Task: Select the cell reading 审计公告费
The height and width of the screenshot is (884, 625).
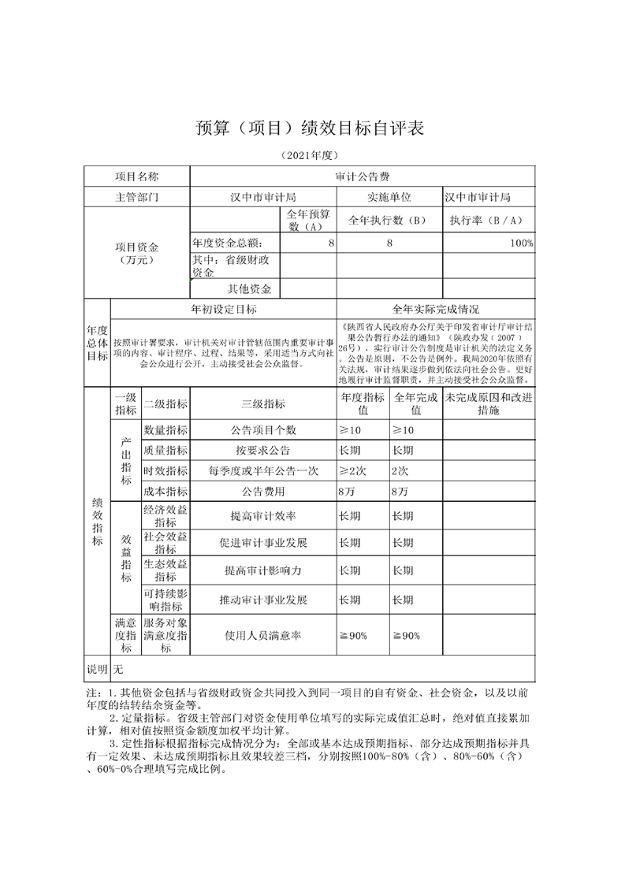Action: coord(362,176)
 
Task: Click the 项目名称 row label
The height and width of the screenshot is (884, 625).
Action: coord(137,176)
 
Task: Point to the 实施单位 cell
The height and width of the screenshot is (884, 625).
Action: coord(389,197)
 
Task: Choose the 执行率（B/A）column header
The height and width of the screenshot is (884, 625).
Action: coord(488,220)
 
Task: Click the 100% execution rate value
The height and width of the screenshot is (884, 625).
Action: coord(521,243)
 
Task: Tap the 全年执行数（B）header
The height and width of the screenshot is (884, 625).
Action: coord(389,220)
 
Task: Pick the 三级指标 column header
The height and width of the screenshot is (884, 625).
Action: coord(263,403)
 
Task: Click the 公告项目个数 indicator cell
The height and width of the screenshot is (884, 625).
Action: coord(263,429)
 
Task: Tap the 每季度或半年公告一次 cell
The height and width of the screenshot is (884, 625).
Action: coord(263,470)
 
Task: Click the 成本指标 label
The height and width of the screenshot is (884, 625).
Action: coord(166,491)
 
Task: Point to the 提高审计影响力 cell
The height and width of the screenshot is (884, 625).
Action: coord(263,570)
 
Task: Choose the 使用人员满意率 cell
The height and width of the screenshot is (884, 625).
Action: coord(263,636)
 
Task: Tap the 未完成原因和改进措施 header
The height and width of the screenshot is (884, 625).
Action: coord(489,403)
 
